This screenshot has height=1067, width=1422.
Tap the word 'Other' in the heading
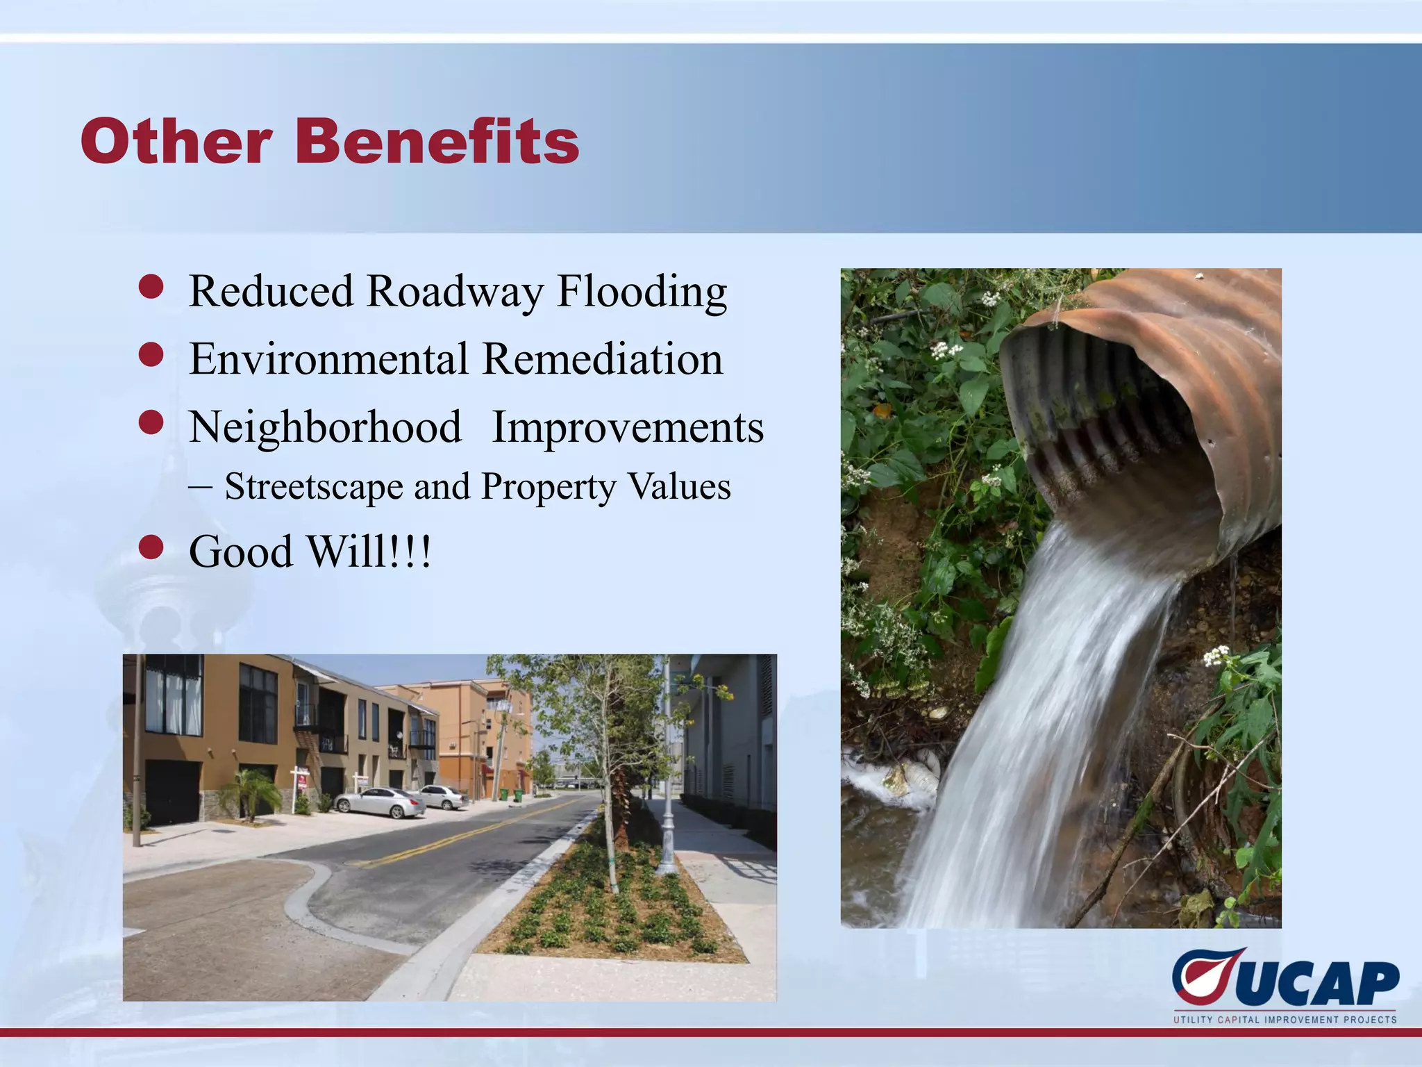(175, 141)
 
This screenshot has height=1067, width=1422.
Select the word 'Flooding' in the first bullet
(642, 292)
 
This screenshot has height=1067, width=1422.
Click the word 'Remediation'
(602, 359)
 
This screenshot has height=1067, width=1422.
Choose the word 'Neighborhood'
(325, 427)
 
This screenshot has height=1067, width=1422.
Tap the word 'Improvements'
(628, 427)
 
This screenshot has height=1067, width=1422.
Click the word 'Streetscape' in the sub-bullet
(314, 486)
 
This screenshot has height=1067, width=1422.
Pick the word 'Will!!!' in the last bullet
(369, 552)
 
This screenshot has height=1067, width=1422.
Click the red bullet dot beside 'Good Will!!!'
(151, 547)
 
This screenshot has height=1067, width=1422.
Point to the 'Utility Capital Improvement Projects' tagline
(1285, 1020)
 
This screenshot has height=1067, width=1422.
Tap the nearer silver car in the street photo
(379, 803)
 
